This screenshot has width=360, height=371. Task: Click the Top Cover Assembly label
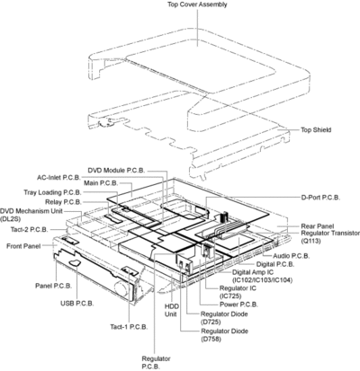pyautogui.click(x=197, y=4)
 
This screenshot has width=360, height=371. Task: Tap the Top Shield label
pyautogui.click(x=316, y=129)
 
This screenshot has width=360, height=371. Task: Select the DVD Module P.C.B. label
pyautogui.click(x=116, y=171)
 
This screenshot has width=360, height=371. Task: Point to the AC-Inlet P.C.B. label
pyautogui.click(x=58, y=178)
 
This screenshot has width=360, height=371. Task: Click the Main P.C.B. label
pyautogui.click(x=101, y=183)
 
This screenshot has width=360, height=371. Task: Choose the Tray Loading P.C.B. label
pyautogui.click(x=52, y=192)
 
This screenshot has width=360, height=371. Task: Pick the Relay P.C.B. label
pyautogui.click(x=63, y=202)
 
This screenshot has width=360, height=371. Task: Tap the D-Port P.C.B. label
pyautogui.click(x=320, y=198)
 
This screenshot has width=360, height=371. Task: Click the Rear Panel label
pyautogui.click(x=318, y=226)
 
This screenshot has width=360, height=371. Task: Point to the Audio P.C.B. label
pyautogui.click(x=292, y=256)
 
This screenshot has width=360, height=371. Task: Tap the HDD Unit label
pyautogui.click(x=172, y=310)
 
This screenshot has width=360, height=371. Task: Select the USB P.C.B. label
pyautogui.click(x=77, y=304)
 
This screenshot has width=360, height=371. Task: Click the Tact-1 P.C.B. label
pyautogui.click(x=129, y=327)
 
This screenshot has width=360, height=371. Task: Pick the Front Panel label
pyautogui.click(x=23, y=246)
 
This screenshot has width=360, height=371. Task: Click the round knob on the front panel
pyautogui.click(x=123, y=288)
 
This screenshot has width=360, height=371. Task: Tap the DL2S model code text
pyautogui.click(x=10, y=219)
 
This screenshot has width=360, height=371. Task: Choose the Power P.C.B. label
pyautogui.click(x=238, y=305)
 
